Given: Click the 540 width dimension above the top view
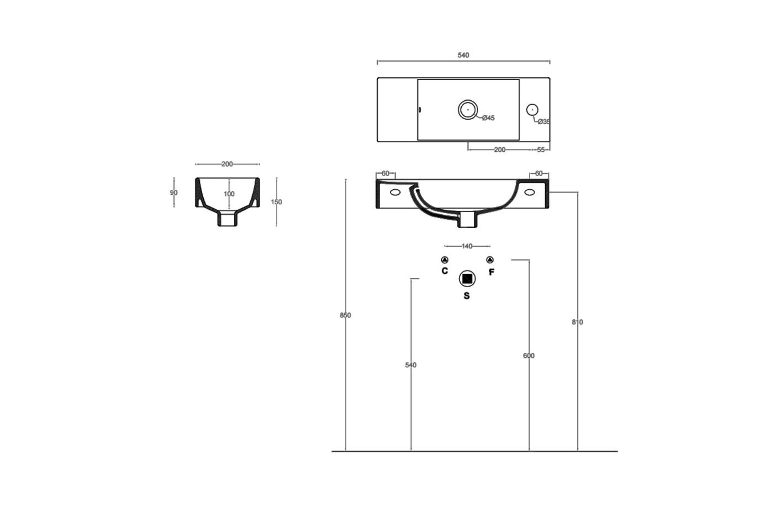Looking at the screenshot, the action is point(463,55).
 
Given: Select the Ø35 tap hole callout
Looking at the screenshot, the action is point(544,122).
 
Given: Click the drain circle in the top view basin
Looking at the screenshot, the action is point(468,110).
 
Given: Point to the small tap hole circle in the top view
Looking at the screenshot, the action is point(532,110).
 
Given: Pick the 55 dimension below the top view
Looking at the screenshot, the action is point(541,149).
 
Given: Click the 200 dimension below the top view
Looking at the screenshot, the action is point(500,149).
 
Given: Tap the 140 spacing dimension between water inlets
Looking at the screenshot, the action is point(467,246).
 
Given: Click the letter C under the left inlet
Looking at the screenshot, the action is point(445,271).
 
